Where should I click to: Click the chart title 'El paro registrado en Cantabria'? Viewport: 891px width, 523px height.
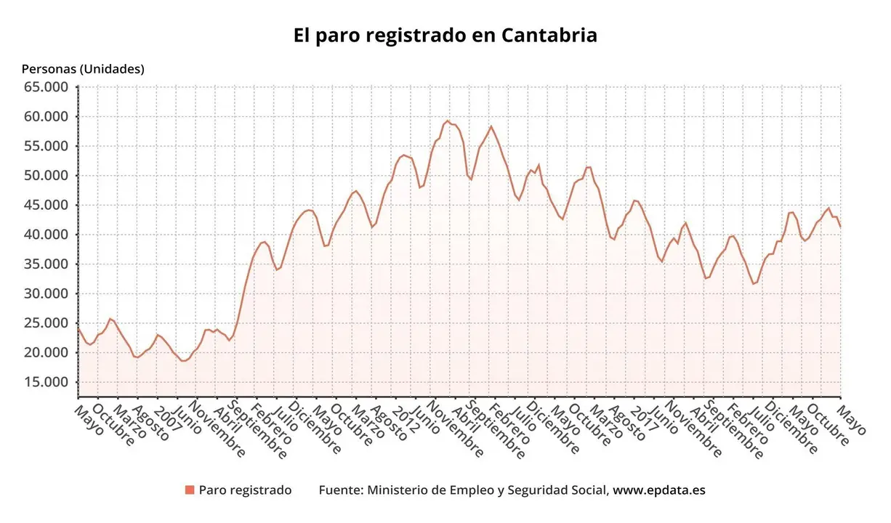tap(445, 36)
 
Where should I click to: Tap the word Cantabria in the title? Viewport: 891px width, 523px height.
tap(549, 36)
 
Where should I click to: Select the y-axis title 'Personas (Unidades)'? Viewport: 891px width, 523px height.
tap(83, 69)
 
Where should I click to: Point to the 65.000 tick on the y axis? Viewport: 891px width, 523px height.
tap(47, 87)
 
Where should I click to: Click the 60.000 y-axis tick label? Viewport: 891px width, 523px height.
tap(47, 117)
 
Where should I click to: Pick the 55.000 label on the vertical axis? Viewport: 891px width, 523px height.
tap(47, 146)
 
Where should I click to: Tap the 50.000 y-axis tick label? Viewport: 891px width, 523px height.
tap(47, 176)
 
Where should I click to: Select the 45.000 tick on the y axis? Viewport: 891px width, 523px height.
tap(47, 206)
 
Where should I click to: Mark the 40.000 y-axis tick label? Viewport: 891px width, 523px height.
tap(47, 235)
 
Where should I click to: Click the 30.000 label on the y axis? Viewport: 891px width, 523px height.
tap(47, 293)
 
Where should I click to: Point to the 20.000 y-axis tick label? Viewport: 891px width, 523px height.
tap(47, 353)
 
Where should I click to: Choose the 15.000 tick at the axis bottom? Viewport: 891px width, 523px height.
tap(47, 382)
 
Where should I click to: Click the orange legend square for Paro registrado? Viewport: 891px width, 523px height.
tap(190, 490)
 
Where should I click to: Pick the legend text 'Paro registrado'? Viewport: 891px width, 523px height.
tap(245, 490)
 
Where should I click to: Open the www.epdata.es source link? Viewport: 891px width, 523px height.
tap(658, 490)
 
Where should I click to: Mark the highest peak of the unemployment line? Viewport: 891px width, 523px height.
tap(448, 121)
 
